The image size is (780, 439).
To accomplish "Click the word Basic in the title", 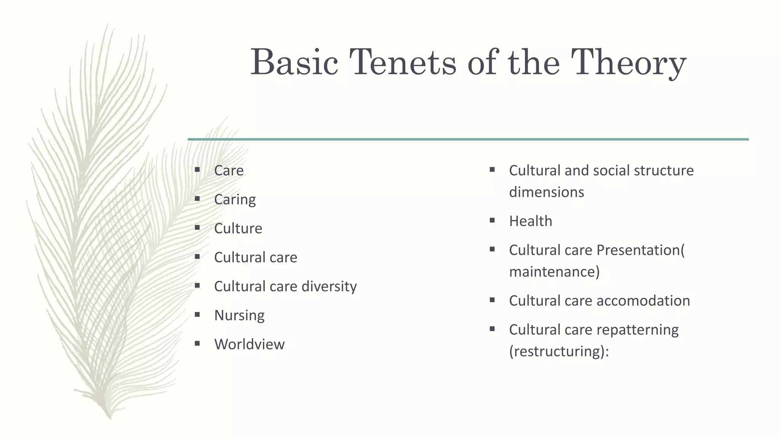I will (294, 62).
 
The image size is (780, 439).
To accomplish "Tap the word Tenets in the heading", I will (403, 62).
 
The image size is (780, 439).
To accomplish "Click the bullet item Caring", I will (235, 199).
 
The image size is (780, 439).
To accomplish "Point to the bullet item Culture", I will (238, 228).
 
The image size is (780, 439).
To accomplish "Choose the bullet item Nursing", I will (239, 315).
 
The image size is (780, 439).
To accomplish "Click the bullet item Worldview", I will (249, 344).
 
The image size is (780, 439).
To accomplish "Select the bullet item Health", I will (530, 221).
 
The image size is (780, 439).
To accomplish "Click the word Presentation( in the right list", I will (640, 250).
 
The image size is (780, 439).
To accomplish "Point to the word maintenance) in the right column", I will (554, 272).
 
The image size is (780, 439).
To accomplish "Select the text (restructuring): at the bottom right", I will (559, 351).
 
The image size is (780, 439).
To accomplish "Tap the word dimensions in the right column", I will (546, 192).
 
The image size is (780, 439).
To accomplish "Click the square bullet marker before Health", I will (492, 220).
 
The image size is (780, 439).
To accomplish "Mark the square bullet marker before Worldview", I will (197, 343).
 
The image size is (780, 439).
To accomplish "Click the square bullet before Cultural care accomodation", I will (492, 300).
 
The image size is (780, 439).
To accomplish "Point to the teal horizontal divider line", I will (468, 139).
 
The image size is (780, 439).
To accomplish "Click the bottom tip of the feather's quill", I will (110, 418).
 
